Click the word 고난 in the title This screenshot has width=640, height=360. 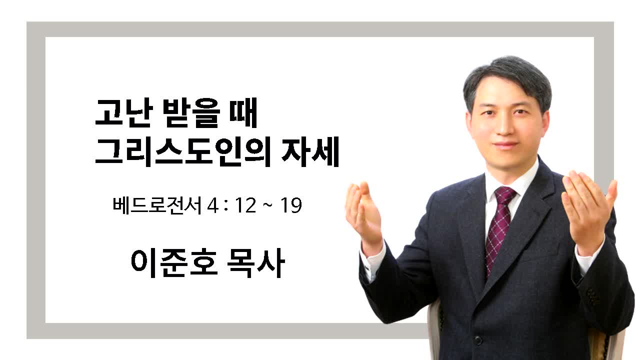click(123, 112)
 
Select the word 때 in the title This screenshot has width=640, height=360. click(243, 112)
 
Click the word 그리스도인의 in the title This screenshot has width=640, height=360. click(183, 151)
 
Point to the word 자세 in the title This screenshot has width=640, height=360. click(310, 151)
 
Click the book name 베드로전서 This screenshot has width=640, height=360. click(157, 205)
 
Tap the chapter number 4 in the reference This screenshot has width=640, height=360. click(212, 205)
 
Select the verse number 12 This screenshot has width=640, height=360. click(245, 205)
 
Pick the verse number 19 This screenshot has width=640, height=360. click(291, 205)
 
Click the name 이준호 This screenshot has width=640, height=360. click(174, 263)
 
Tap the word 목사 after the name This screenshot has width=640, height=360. click(256, 263)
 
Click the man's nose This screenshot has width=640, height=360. click(504, 125)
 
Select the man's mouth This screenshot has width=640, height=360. click(505, 144)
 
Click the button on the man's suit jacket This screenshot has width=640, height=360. click(478, 340)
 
